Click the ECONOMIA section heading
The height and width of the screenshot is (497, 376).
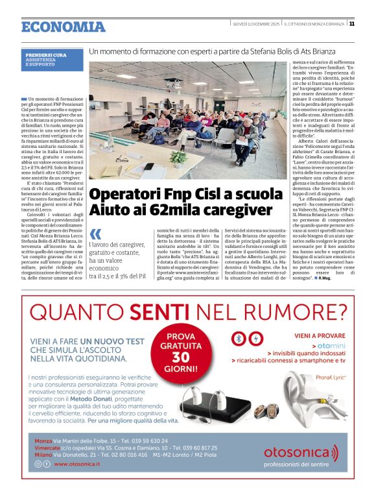(x=63, y=27)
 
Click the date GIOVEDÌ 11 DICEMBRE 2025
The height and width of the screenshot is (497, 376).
(x=257, y=24)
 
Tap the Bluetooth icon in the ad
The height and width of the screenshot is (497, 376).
(x=239, y=339)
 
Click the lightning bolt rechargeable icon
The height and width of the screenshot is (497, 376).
(x=255, y=339)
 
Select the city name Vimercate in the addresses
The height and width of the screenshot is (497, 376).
(x=48, y=448)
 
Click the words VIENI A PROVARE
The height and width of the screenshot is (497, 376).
(x=317, y=336)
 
